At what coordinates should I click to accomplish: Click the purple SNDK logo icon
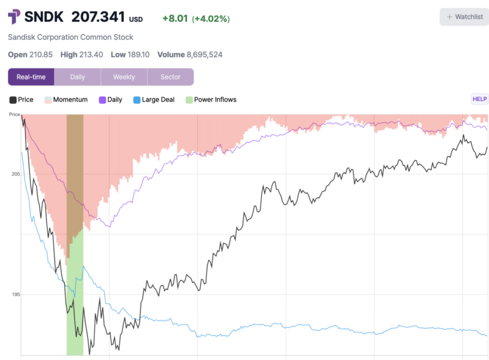click(x=14, y=17)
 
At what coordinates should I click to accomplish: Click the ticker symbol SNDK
click(x=43, y=17)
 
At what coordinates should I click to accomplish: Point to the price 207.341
click(x=98, y=17)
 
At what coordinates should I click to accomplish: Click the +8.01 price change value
click(x=175, y=19)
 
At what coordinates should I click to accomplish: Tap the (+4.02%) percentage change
click(x=211, y=19)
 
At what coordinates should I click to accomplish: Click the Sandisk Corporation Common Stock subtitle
click(x=71, y=37)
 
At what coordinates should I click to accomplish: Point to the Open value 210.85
click(x=43, y=54)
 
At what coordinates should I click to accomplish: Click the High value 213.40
click(x=91, y=54)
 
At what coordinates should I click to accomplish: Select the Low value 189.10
click(x=138, y=54)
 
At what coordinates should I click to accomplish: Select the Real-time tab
click(x=31, y=77)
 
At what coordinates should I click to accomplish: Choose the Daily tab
click(x=77, y=77)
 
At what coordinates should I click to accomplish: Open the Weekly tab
click(x=124, y=77)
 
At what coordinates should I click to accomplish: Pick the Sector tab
click(x=170, y=77)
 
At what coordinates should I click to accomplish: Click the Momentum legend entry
click(x=66, y=100)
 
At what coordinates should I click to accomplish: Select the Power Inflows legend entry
click(x=211, y=100)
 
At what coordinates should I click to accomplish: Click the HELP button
click(x=479, y=99)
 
